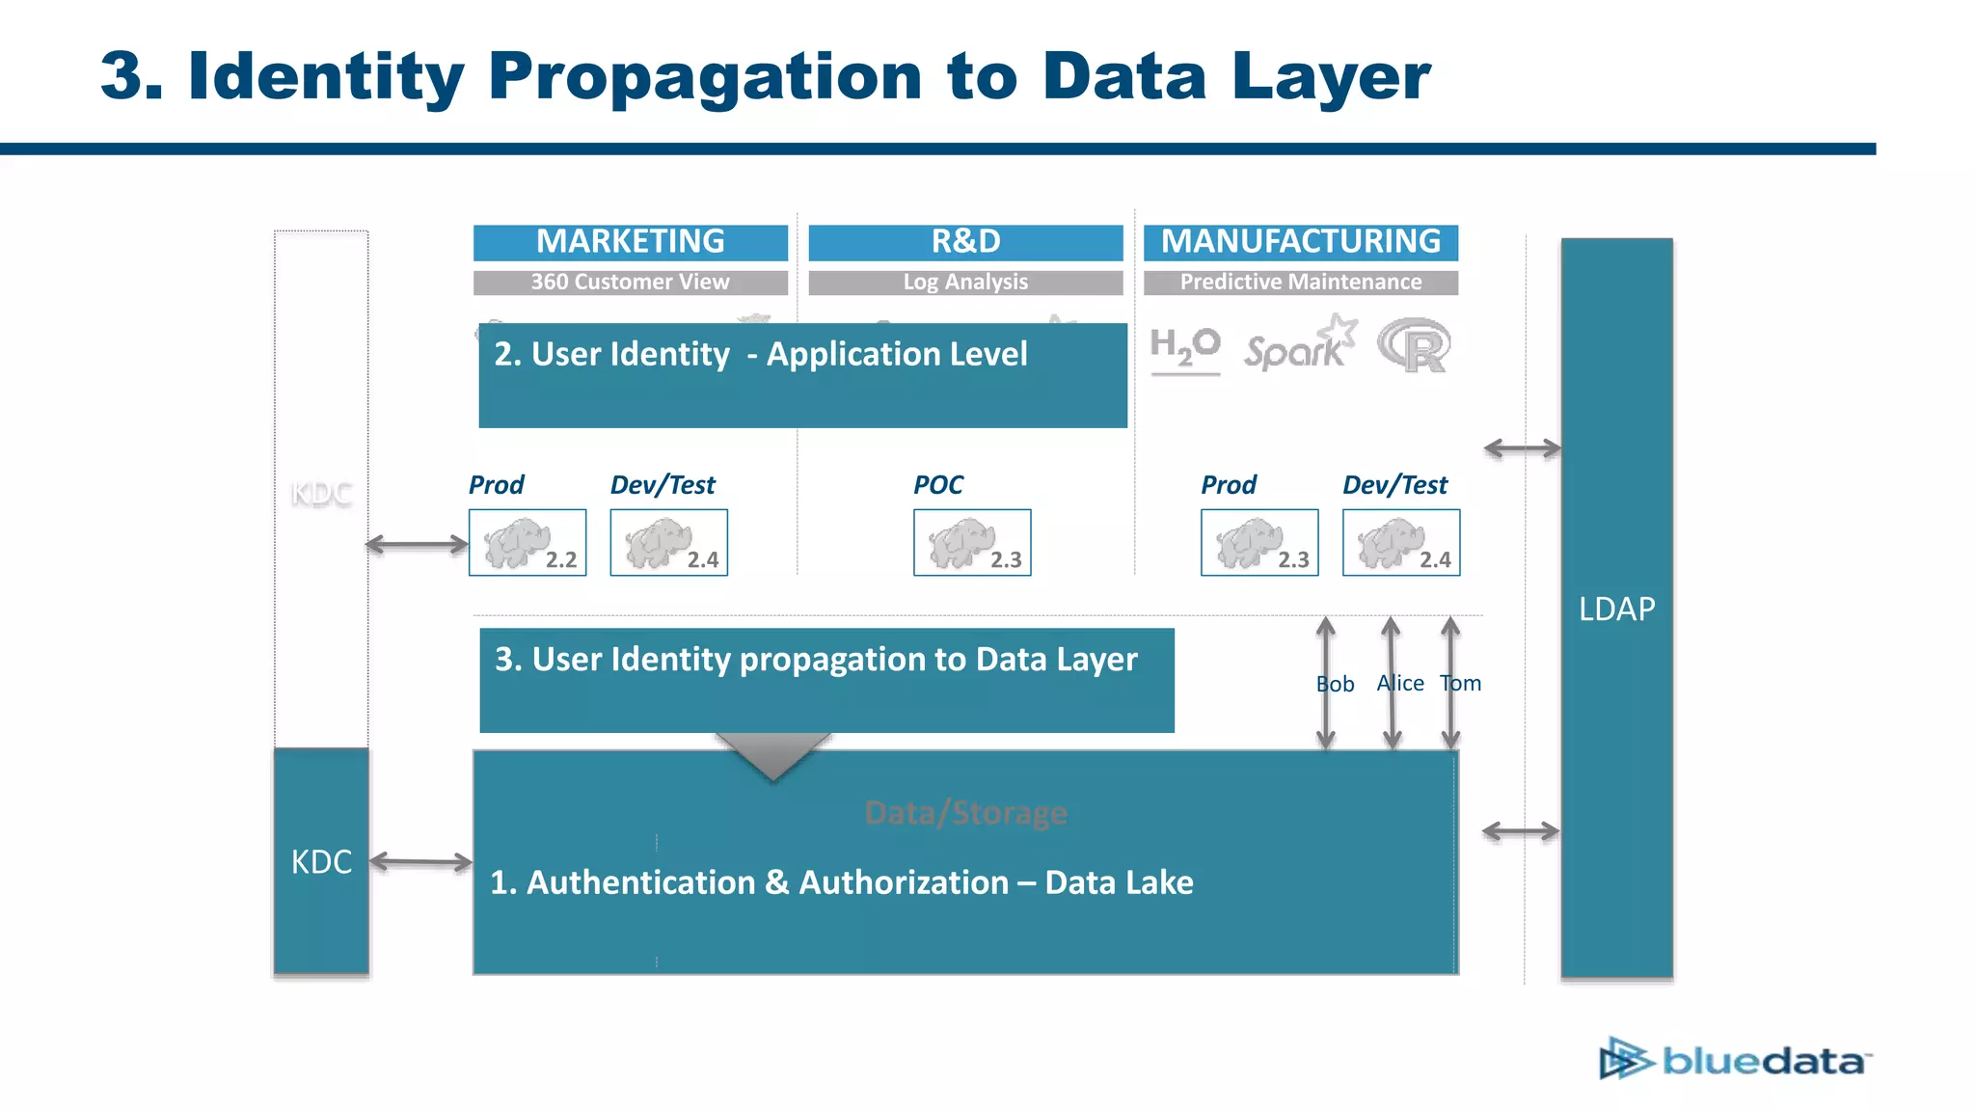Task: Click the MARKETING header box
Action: (x=630, y=242)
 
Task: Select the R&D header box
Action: (x=965, y=242)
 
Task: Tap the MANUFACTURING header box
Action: (x=1300, y=242)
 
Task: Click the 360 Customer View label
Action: (x=630, y=283)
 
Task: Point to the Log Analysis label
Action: (x=965, y=283)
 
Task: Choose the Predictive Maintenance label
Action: (x=1300, y=283)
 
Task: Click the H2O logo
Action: (x=1185, y=348)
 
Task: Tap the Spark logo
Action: (x=1298, y=345)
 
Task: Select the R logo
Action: (x=1414, y=346)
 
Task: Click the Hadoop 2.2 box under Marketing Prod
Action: (x=528, y=543)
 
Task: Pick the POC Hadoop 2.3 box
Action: (x=972, y=543)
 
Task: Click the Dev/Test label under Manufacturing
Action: (x=1394, y=485)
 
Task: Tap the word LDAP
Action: (x=1616, y=610)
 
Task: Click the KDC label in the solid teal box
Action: (x=321, y=862)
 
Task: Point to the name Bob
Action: (x=1335, y=685)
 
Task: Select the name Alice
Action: (x=1400, y=684)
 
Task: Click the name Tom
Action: (x=1461, y=684)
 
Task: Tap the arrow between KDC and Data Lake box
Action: (x=420, y=862)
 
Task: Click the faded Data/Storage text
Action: (x=965, y=814)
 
